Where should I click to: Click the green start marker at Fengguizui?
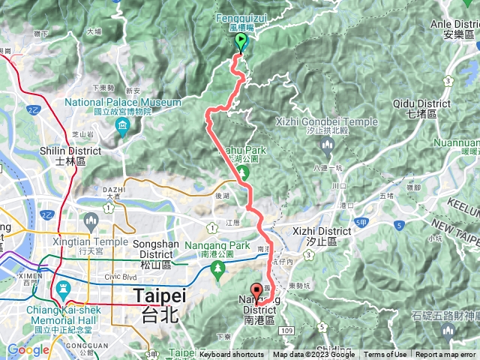[241, 41]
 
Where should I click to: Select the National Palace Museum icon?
[123, 133]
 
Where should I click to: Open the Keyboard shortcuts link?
[232, 355]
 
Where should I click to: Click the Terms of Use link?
[385, 355]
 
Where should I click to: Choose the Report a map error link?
[446, 355]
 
